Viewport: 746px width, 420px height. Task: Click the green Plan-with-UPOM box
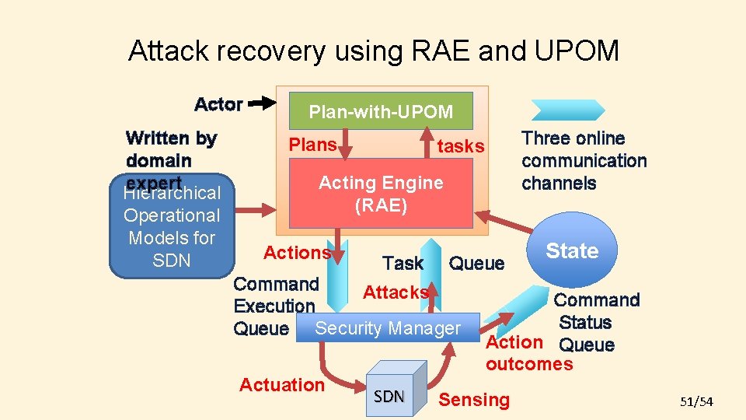click(x=381, y=111)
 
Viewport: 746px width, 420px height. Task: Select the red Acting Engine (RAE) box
click(x=381, y=194)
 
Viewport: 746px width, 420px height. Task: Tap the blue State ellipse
click(x=573, y=251)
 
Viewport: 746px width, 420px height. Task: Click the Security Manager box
click(x=387, y=328)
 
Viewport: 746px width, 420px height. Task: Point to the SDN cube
click(x=392, y=392)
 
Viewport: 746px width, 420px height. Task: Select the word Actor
click(x=218, y=104)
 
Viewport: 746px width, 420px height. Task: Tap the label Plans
click(x=312, y=145)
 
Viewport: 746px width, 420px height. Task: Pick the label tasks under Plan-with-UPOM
click(x=461, y=146)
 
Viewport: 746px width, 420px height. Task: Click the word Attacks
click(x=396, y=292)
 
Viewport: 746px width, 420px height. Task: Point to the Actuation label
click(x=282, y=385)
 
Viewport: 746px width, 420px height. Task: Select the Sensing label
click(x=474, y=400)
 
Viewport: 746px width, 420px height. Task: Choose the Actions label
click(x=297, y=252)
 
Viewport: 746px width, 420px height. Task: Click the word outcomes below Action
click(x=528, y=364)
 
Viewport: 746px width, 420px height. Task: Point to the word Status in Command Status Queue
click(x=585, y=322)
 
